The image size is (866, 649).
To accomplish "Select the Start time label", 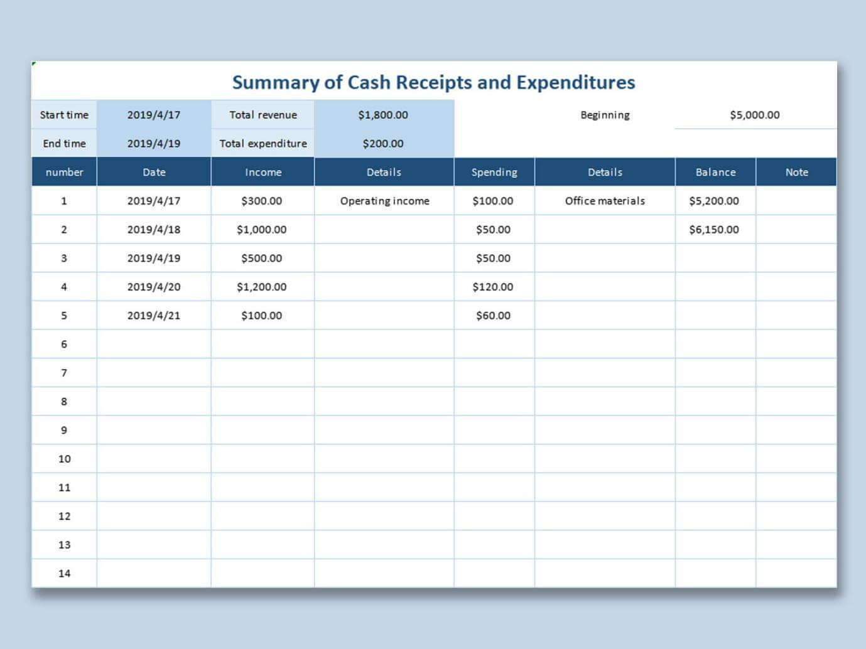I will click(x=64, y=115).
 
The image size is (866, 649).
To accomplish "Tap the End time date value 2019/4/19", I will click(x=154, y=143).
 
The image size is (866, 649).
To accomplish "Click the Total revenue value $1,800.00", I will click(x=383, y=115).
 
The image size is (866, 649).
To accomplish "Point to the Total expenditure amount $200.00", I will click(x=383, y=143).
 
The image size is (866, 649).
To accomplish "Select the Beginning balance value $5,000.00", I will click(x=755, y=115).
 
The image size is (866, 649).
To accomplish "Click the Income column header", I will click(x=263, y=172).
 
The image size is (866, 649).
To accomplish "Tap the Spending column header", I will click(x=494, y=172).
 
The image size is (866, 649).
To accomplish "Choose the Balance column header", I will click(x=715, y=172).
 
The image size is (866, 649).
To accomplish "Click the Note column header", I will click(x=796, y=172).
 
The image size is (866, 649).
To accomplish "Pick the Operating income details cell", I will click(x=384, y=201).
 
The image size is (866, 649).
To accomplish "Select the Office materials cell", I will click(x=605, y=201).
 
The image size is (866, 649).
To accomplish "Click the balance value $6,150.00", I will click(x=714, y=229).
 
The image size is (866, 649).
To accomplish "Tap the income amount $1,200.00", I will click(x=262, y=287).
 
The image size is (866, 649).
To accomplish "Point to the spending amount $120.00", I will click(x=493, y=287).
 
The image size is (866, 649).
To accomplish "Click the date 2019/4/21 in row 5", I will click(x=154, y=316).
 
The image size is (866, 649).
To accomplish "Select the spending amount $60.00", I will click(x=493, y=316).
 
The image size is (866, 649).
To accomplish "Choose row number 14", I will click(x=64, y=573).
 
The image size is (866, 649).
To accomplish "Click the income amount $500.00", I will click(x=262, y=258).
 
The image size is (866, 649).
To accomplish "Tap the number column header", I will click(x=64, y=172).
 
